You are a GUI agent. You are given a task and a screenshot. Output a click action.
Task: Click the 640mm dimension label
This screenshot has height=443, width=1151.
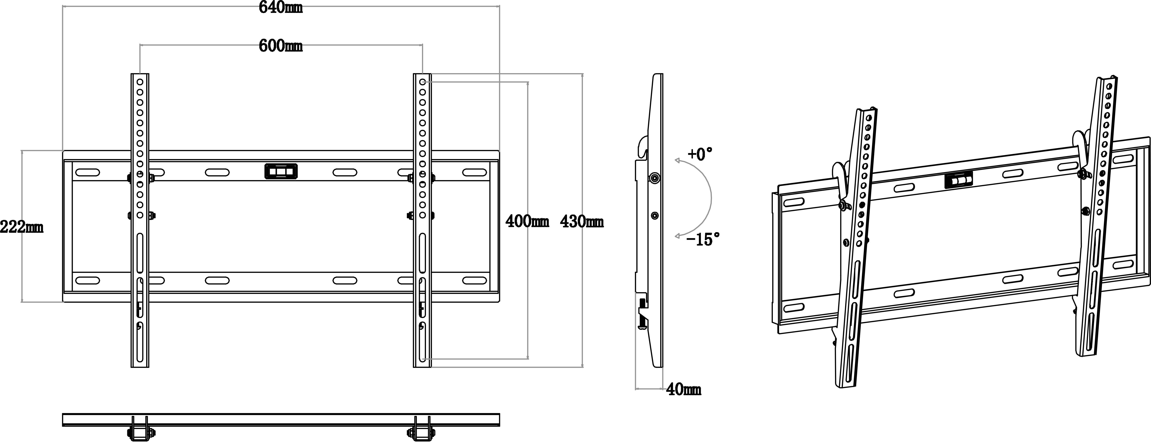281,8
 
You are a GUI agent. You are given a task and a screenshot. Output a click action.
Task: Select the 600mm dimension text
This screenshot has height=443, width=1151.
281,46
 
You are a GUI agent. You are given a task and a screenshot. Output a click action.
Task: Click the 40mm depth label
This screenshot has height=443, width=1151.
684,390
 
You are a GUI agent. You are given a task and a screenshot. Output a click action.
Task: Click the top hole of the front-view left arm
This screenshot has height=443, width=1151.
140,82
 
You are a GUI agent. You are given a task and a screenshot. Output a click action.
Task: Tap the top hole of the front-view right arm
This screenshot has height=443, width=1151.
422,82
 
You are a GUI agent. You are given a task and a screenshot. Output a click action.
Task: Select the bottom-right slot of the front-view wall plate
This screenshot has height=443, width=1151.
474,280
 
